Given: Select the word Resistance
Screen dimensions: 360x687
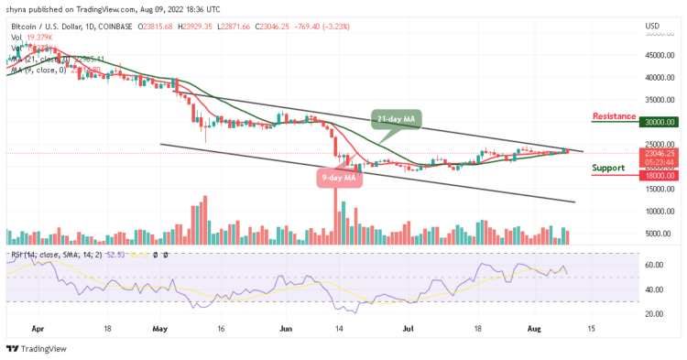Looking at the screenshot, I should [x=615, y=116].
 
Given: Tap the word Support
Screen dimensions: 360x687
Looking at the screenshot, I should [x=608, y=168].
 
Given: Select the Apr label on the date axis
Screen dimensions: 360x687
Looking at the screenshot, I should [x=37, y=325].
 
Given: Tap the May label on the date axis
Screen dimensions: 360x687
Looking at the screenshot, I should [x=159, y=325].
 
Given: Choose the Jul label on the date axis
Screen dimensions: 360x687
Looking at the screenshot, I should [x=409, y=325].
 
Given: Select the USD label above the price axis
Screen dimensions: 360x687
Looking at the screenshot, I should [x=652, y=25].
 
